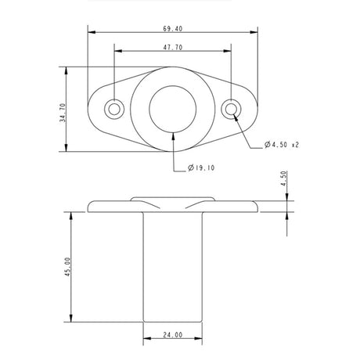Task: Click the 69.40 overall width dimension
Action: [x=173, y=28]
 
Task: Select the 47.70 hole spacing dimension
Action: [x=173, y=47]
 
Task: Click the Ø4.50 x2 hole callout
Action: [x=283, y=145]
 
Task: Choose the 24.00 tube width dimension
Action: [x=173, y=335]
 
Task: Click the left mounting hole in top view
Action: [x=115, y=109]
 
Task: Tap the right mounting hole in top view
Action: [x=232, y=109]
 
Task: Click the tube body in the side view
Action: [x=173, y=266]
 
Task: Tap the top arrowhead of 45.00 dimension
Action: [x=72, y=214]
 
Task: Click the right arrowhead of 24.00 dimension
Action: [x=202, y=340]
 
